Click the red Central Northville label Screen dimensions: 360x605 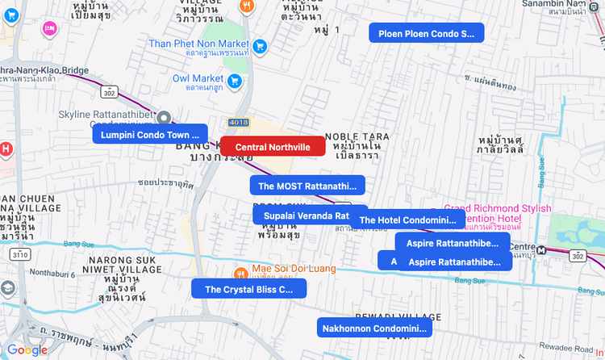[x=273, y=147]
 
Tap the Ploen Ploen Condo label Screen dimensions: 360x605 [x=426, y=33]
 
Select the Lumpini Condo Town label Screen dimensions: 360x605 [x=150, y=135]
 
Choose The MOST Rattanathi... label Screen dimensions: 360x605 [x=307, y=186]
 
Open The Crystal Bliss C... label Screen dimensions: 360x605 [x=248, y=289]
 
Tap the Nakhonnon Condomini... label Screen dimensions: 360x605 [x=374, y=328]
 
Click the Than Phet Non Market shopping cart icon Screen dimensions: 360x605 [x=260, y=46]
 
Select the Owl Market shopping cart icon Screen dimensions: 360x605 [x=234, y=80]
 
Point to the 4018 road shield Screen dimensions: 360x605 [x=239, y=123]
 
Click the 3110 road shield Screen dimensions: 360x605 [x=19, y=254]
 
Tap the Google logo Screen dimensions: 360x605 [x=27, y=350]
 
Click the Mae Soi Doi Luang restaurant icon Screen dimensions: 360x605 [x=240, y=272]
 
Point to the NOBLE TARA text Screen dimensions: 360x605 [x=357, y=136]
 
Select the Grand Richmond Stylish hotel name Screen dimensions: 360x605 [x=498, y=208]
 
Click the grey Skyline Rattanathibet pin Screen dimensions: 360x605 [x=164, y=118]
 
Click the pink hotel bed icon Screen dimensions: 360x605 [x=49, y=28]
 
